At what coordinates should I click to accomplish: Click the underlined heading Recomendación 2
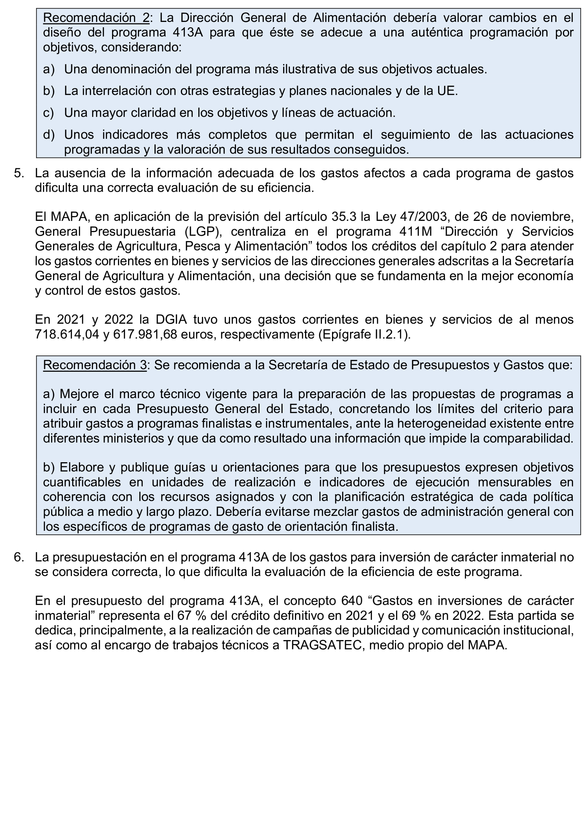pyautogui.click(x=96, y=17)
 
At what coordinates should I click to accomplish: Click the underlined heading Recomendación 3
pyautogui.click(x=95, y=365)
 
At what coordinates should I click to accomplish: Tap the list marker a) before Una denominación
pyautogui.click(x=49, y=69)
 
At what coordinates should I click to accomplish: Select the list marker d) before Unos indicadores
pyautogui.click(x=49, y=135)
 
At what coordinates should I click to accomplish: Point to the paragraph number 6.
pyautogui.click(x=19, y=557)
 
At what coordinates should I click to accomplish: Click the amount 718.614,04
pyautogui.click(x=66, y=334)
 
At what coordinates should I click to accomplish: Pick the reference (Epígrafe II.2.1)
pyautogui.click(x=364, y=334)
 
